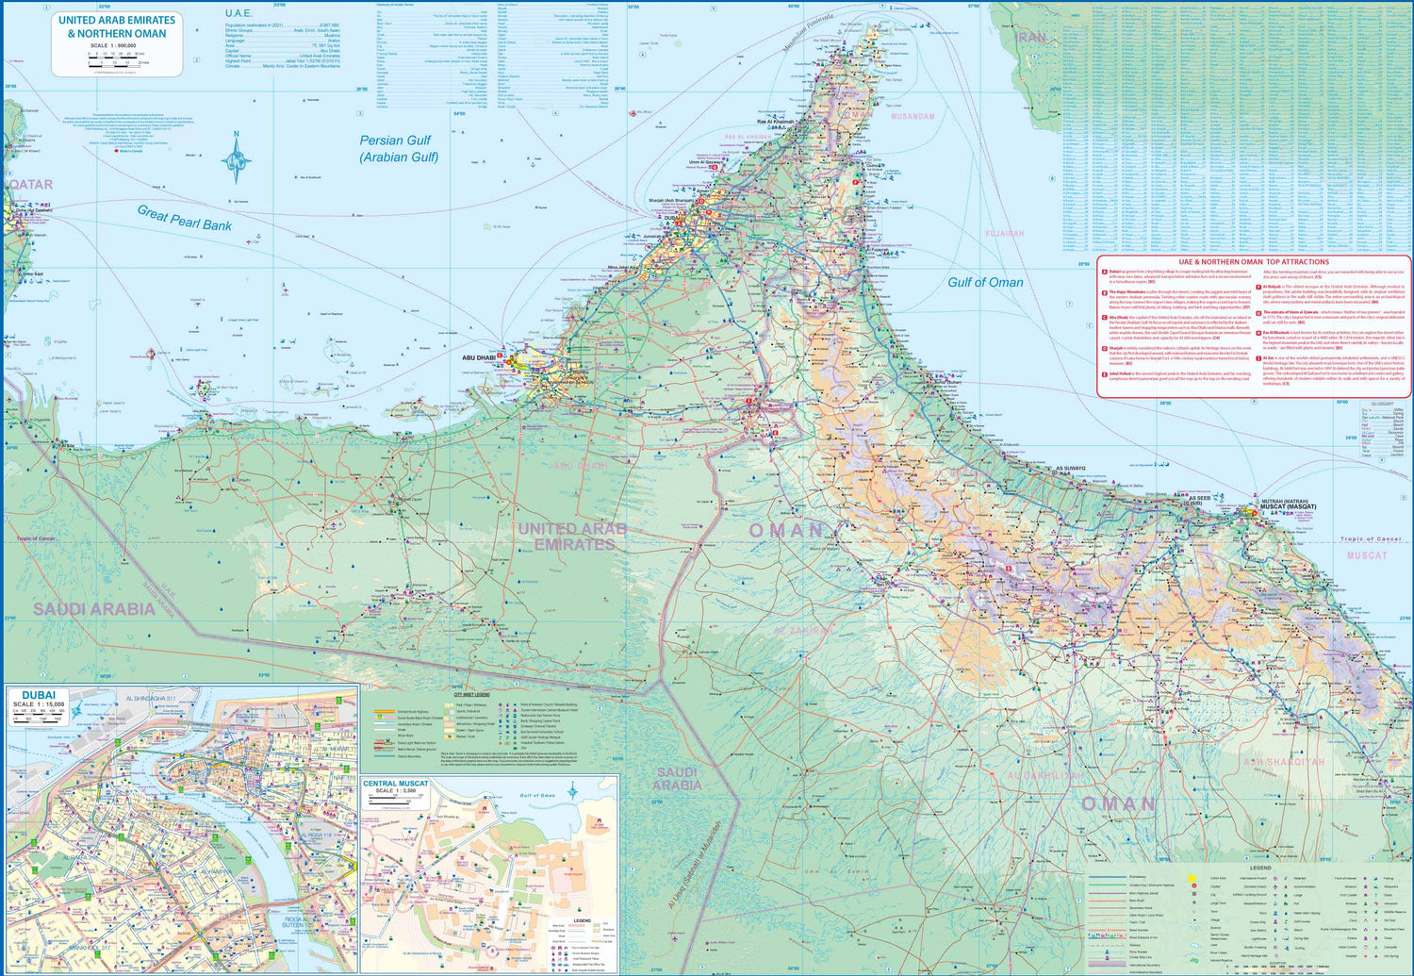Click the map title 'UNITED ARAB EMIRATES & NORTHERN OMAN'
117,26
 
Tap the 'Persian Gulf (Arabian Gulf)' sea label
397,149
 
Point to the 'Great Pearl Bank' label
185,219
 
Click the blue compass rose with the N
236,161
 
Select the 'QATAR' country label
31,185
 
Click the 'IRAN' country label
1032,38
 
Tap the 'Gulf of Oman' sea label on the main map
985,282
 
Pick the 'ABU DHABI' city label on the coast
479,358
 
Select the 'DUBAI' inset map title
39,695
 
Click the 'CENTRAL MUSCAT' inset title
396,784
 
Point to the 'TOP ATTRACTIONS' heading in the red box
1254,262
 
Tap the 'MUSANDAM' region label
913,117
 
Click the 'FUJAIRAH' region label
1004,234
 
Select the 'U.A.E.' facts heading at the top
238,13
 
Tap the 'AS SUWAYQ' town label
1070,469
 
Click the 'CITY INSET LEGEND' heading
471,695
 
